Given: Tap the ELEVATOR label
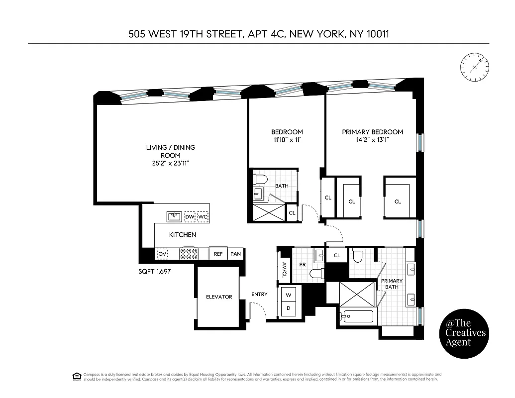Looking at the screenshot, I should pyautogui.click(x=219, y=297).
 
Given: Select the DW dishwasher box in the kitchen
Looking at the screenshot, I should pyautogui.click(x=190, y=217).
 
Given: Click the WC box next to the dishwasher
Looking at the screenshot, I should pyautogui.click(x=203, y=217).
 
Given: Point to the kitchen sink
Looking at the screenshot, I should pyautogui.click(x=174, y=216).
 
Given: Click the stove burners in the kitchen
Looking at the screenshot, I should pyautogui.click(x=189, y=254).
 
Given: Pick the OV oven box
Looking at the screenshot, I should pyautogui.click(x=162, y=254).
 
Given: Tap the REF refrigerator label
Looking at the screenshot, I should pyautogui.click(x=218, y=254).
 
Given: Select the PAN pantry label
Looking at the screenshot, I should pyautogui.click(x=235, y=254).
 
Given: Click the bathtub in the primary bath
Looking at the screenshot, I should pyautogui.click(x=357, y=317).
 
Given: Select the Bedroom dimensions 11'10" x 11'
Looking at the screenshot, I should pyautogui.click(x=287, y=140).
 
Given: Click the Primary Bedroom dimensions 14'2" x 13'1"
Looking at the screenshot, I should pyautogui.click(x=372, y=140).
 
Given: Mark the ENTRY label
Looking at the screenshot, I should pyautogui.click(x=259, y=295).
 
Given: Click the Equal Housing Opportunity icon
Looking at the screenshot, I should pyautogui.click(x=77, y=376).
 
